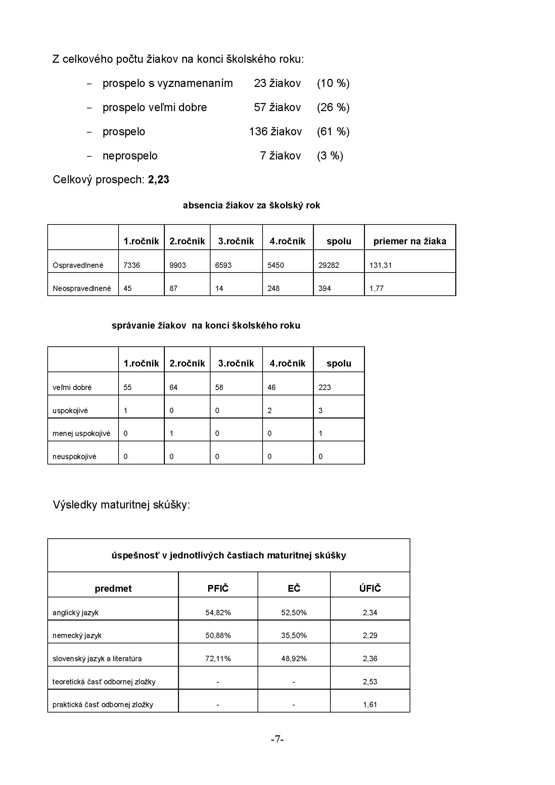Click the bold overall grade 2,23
(x=159, y=180)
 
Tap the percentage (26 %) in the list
(x=333, y=107)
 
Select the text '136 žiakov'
(x=275, y=132)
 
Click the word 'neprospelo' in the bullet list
(x=130, y=156)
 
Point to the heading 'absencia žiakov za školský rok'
(x=251, y=205)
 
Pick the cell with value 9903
(x=178, y=265)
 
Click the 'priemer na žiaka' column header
(x=410, y=241)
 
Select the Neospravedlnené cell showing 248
(x=274, y=289)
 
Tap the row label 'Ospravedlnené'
(x=78, y=265)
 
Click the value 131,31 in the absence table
(x=381, y=265)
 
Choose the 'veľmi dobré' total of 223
(x=325, y=387)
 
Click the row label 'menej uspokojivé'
(x=81, y=434)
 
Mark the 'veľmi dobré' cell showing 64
(x=173, y=387)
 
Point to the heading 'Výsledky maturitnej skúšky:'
(x=122, y=505)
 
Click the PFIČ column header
(x=218, y=588)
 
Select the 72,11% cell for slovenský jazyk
(x=218, y=658)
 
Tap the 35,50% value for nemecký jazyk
(x=294, y=635)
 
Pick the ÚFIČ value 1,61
(x=370, y=704)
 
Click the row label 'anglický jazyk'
(x=76, y=612)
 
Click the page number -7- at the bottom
(x=277, y=739)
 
